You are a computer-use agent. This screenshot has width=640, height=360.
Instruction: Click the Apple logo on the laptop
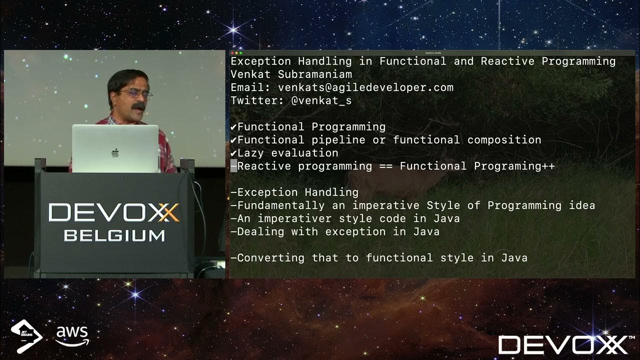(x=115, y=152)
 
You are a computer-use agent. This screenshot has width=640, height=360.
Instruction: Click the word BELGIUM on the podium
(x=114, y=235)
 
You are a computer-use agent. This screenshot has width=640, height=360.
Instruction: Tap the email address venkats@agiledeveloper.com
(x=365, y=87)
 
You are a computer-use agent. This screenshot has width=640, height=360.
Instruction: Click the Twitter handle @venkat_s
(x=321, y=100)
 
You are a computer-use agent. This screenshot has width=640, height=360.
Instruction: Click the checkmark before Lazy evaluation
(x=233, y=153)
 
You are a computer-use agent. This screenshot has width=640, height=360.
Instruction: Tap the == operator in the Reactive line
(x=386, y=166)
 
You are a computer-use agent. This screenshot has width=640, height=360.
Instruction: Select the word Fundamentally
(x=281, y=205)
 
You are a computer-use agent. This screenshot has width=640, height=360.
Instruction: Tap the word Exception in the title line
(x=260, y=61)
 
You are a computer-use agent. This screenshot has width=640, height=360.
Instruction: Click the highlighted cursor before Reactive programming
(x=233, y=166)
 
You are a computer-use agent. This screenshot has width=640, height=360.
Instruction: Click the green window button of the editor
(x=241, y=52)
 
